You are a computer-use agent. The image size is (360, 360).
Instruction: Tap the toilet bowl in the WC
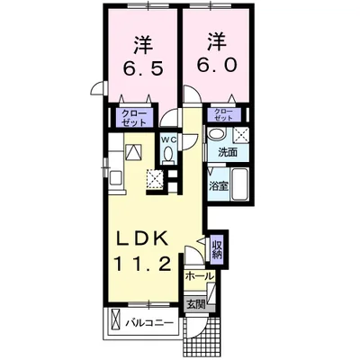pyautogui.click(x=167, y=155)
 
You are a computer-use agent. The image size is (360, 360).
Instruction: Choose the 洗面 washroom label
pyautogui.click(x=228, y=152)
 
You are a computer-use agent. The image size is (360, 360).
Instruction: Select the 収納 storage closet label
pyautogui.click(x=217, y=247)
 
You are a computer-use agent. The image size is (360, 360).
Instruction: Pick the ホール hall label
pyautogui.click(x=201, y=276)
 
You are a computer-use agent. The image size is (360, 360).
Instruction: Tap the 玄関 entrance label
pyautogui.click(x=196, y=304)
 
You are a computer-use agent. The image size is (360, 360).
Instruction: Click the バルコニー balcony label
pyautogui.click(x=148, y=321)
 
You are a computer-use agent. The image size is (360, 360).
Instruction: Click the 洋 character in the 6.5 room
pyautogui.click(x=141, y=42)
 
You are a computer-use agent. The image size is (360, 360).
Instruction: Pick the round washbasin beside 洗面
pyautogui.click(x=215, y=135)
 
